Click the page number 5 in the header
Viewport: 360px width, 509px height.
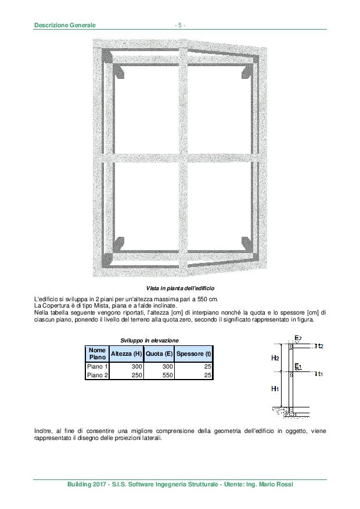180,25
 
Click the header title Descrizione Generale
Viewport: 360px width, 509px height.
64,25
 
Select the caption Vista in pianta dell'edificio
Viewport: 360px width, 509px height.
179,288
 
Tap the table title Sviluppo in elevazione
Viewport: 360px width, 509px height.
149,340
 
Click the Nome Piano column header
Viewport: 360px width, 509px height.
97,353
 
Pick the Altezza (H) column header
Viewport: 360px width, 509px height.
126,353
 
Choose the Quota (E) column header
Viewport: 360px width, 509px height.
159,353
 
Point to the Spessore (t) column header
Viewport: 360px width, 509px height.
193,353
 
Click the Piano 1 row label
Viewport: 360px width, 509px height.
97,367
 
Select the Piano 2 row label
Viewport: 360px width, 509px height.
97,376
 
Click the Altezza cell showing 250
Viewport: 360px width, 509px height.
137,376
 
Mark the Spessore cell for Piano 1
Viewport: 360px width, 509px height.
207,367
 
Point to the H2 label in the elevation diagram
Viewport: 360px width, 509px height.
275,358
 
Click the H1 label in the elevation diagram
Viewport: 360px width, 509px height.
275,388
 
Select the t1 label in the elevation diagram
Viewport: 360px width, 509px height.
320,374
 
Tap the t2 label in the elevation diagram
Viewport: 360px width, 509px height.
320,346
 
